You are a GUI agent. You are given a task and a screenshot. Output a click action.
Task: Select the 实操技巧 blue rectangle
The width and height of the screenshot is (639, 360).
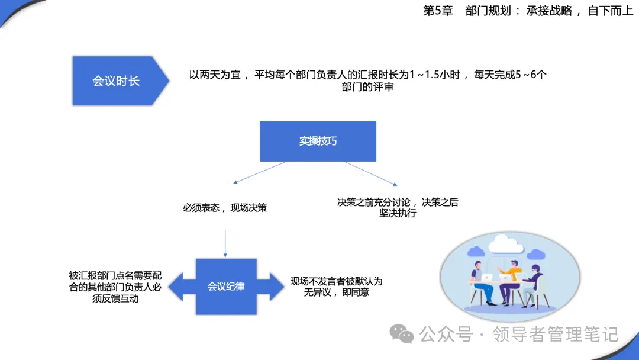pyautogui.click(x=318, y=141)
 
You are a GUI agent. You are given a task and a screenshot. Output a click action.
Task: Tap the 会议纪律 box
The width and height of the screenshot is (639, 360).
pyautogui.click(x=226, y=287)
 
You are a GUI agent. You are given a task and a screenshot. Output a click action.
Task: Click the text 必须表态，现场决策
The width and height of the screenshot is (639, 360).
pyautogui.click(x=225, y=208)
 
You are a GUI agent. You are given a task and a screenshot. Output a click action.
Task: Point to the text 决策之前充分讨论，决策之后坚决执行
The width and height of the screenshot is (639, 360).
pyautogui.click(x=398, y=207)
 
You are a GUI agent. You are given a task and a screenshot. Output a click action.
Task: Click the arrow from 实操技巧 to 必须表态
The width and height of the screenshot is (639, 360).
pyautogui.click(x=259, y=173)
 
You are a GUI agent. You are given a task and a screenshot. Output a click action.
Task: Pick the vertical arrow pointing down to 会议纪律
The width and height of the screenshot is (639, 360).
pyautogui.click(x=225, y=243)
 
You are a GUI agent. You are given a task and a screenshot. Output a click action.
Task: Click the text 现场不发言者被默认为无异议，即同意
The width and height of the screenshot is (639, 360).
pyautogui.click(x=337, y=287)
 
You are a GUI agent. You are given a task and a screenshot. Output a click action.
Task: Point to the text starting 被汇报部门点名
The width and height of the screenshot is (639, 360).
pyautogui.click(x=115, y=287)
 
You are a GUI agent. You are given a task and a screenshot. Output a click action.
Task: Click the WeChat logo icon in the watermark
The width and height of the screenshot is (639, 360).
pyautogui.click(x=402, y=334)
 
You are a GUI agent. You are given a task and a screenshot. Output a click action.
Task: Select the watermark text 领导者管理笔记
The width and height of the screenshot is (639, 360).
pyautogui.click(x=556, y=335)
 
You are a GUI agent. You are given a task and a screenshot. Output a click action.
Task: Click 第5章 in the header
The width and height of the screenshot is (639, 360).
pyautogui.click(x=438, y=11)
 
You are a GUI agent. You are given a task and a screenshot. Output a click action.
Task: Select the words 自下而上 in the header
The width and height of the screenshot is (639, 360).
pyautogui.click(x=610, y=11)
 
